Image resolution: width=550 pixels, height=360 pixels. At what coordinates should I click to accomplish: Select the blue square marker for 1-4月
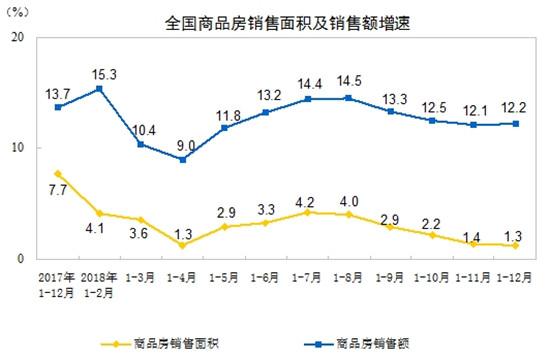(x=182, y=160)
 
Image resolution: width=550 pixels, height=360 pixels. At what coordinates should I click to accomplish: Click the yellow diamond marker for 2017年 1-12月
(x=58, y=174)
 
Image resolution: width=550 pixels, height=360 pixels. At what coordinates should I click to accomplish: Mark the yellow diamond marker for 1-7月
(x=306, y=212)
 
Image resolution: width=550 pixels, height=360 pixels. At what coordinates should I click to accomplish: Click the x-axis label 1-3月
(x=140, y=273)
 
